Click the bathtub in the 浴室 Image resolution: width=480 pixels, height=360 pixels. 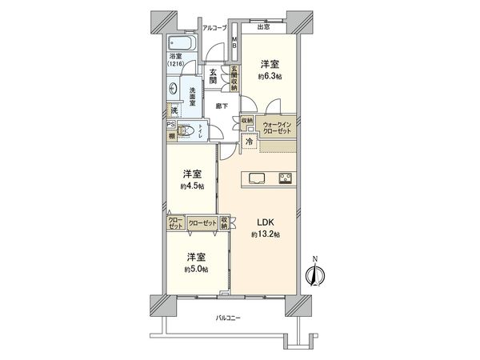[181, 44]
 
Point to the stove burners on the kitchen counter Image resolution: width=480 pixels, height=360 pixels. [286, 178]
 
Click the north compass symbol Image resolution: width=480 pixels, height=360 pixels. [314, 274]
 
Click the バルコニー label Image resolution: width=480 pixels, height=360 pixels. [228, 318]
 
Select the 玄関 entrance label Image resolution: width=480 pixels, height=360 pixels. [214, 75]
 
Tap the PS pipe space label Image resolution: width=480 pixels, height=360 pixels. [170, 124]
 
